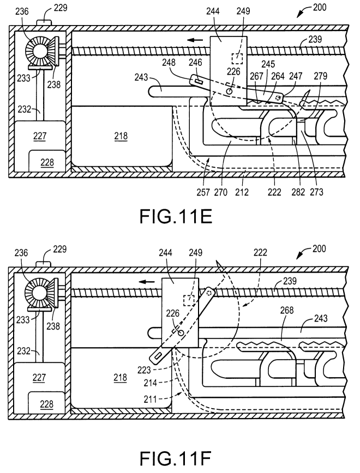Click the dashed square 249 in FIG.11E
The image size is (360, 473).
click(237, 58)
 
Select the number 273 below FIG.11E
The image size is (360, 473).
click(316, 192)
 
